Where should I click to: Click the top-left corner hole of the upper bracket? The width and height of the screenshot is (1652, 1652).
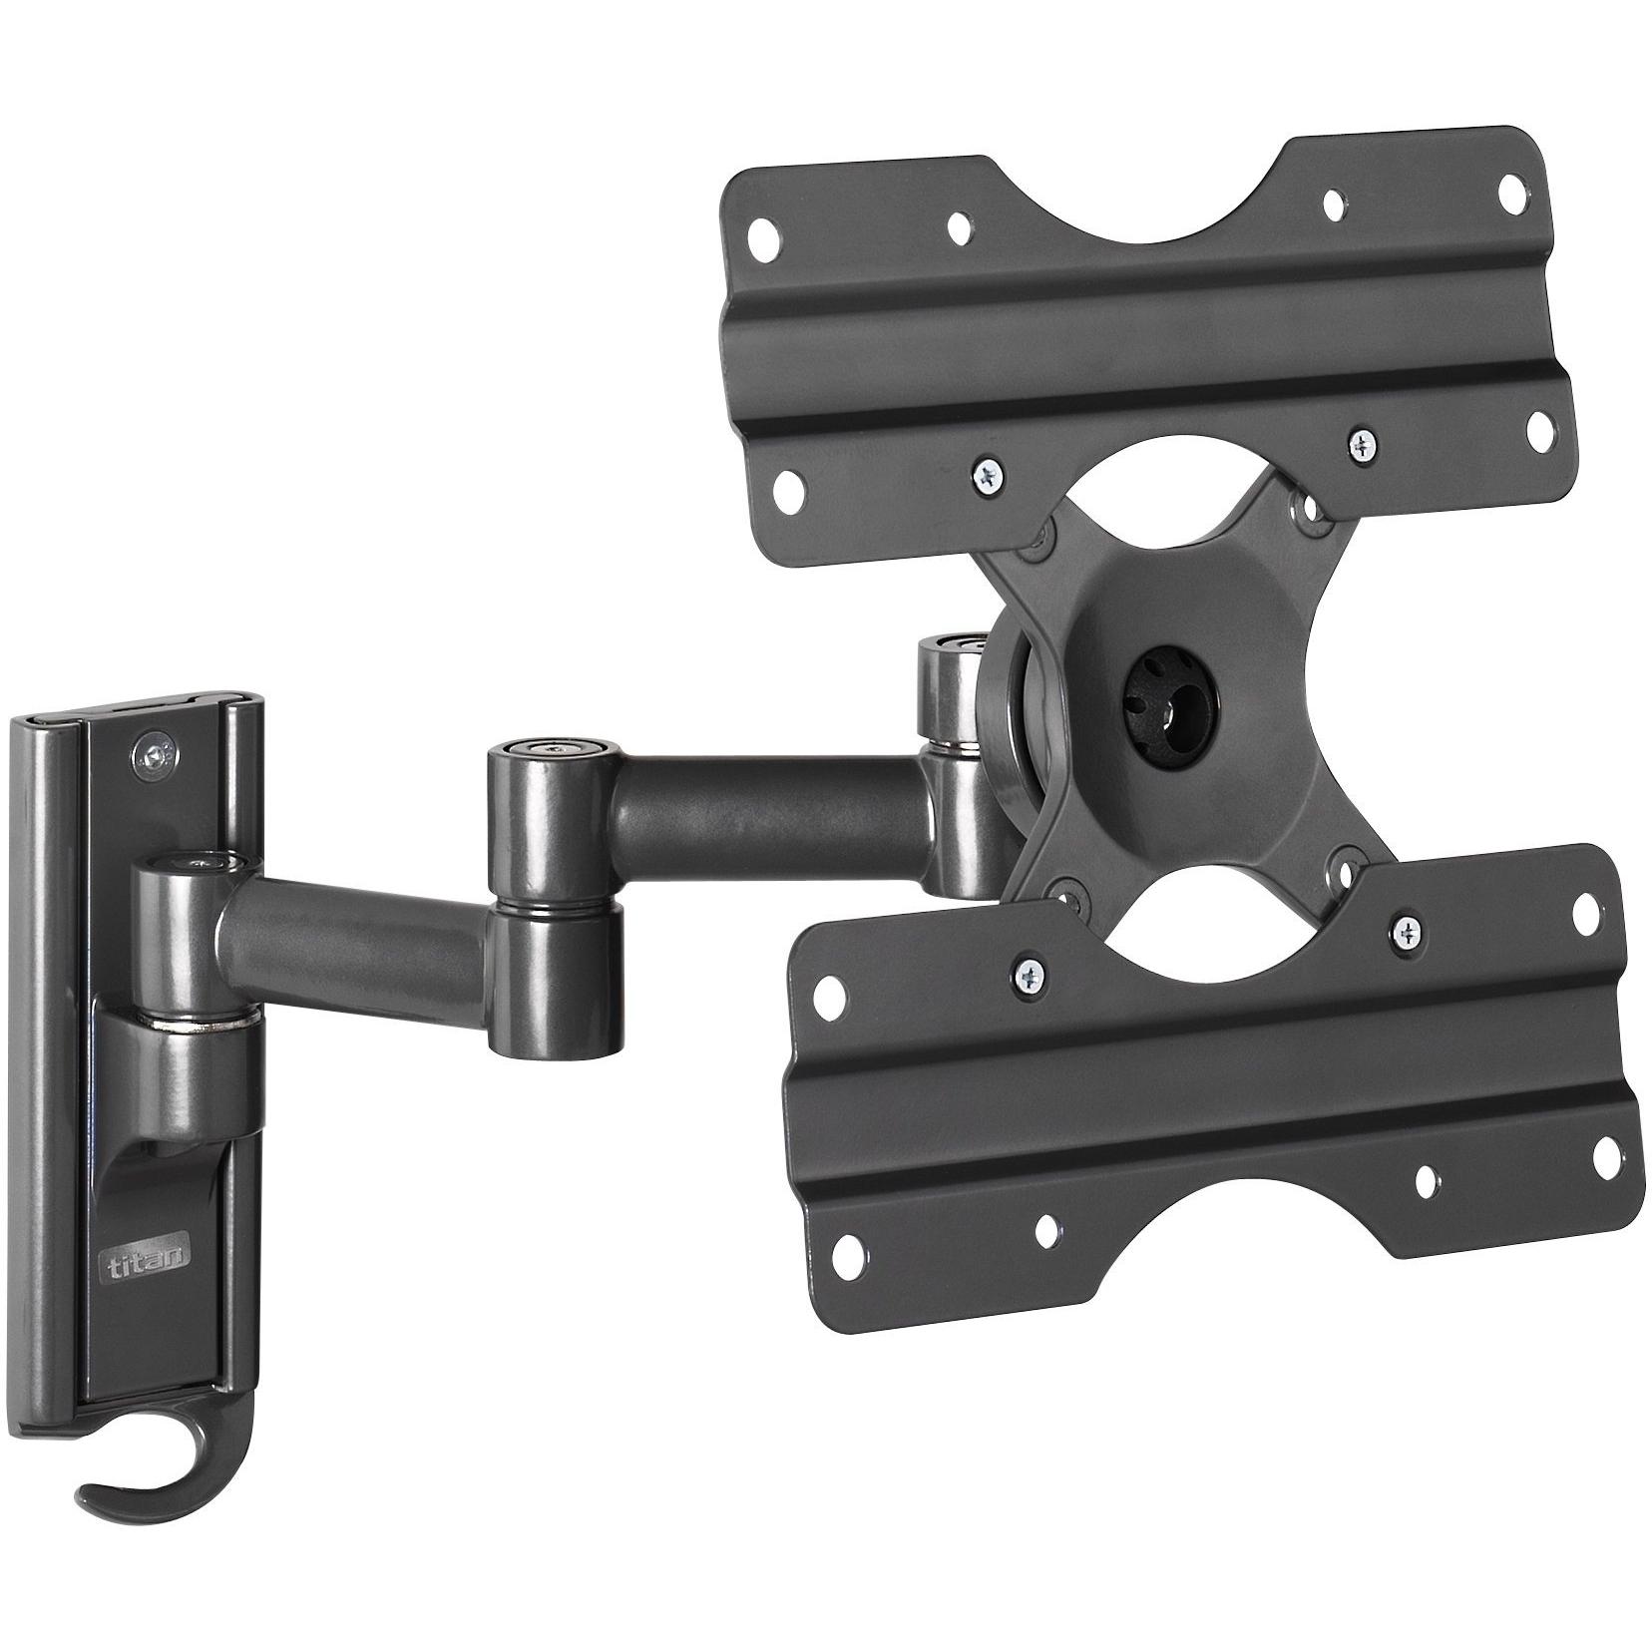[766, 240]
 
